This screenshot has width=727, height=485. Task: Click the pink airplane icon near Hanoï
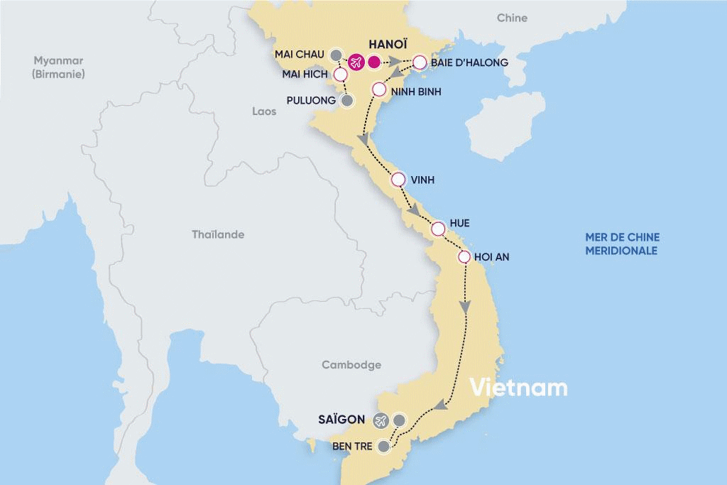coord(355,62)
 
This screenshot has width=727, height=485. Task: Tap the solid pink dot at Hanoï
coord(375,62)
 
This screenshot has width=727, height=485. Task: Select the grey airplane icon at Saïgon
coord(381,420)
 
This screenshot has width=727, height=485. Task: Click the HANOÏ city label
coord(386,43)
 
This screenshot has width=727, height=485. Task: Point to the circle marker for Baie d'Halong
coord(420,62)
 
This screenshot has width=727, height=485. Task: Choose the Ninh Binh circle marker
coord(378,90)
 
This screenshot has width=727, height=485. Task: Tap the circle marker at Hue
coord(438,229)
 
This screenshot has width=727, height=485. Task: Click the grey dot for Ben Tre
coord(384,447)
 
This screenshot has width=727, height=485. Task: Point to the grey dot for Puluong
coord(347,101)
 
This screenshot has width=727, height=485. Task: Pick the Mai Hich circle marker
coord(341,74)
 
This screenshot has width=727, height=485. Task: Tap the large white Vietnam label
coord(519,388)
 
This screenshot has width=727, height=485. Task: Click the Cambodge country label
coord(351,365)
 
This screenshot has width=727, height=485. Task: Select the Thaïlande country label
coord(218,234)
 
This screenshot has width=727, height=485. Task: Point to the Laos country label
coord(264,111)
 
